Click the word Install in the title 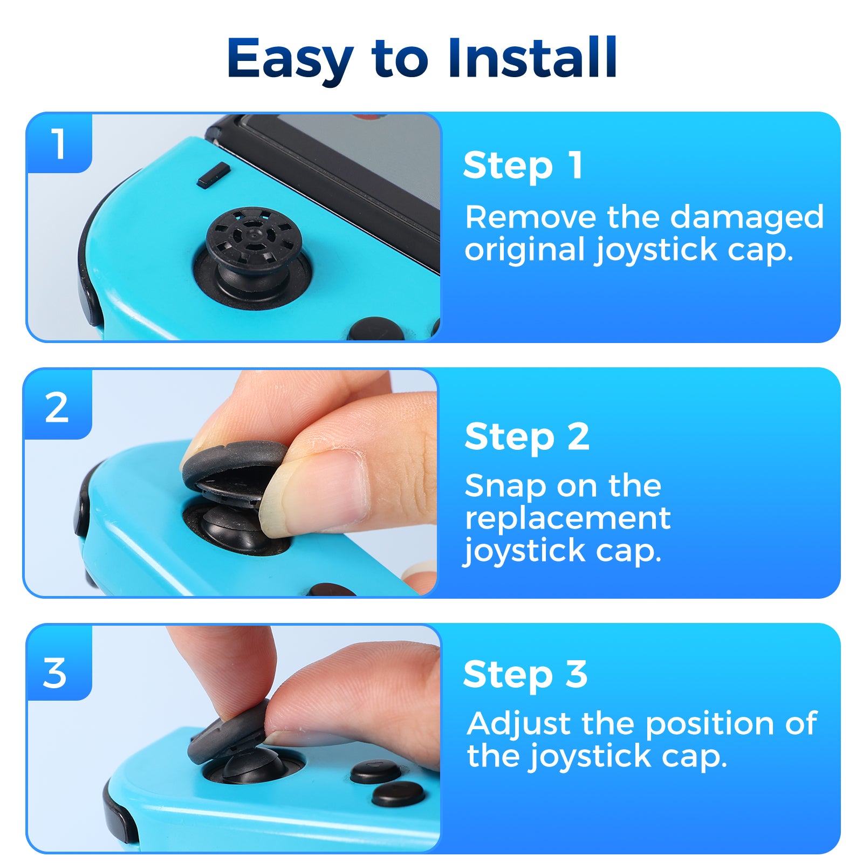point(532,58)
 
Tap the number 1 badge point(58,143)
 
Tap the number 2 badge point(57,408)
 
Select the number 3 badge point(55,673)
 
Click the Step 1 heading point(523,166)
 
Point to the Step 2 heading point(526,437)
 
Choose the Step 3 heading point(525,674)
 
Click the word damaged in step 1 point(746,218)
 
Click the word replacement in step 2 point(567,518)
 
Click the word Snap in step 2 point(505,487)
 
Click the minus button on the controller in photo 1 point(214,175)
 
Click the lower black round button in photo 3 point(399,794)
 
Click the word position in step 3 point(711,724)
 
